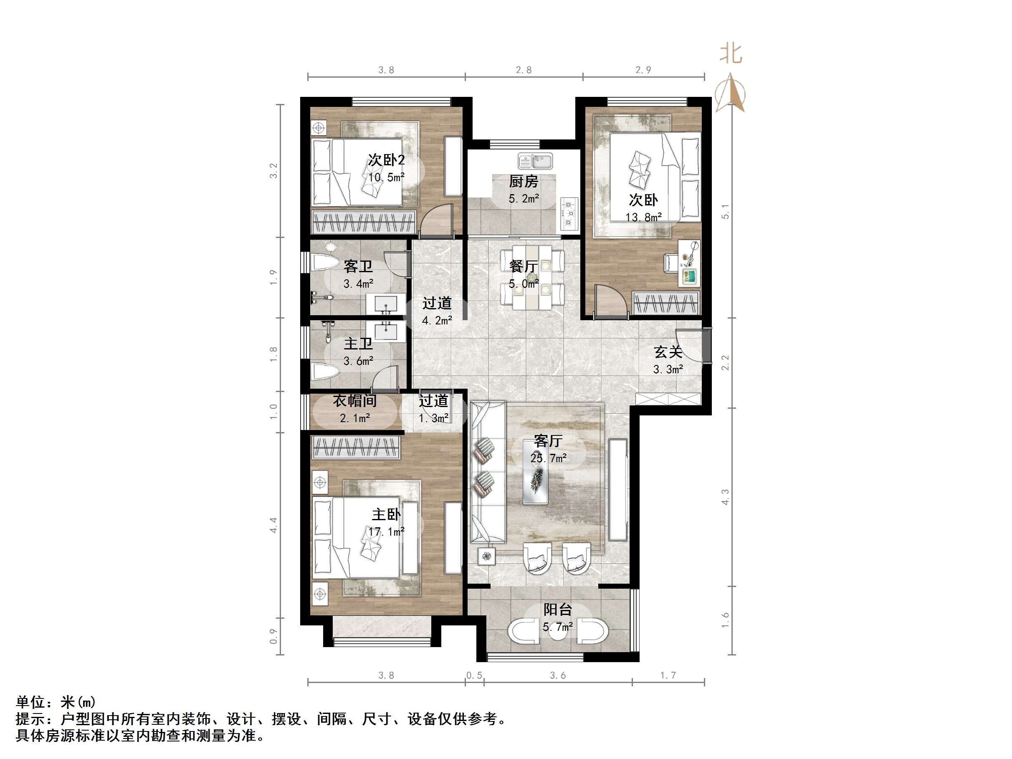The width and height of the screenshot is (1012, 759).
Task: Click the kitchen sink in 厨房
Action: pos(535,161)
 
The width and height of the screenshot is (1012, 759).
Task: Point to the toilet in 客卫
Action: pos(326,262)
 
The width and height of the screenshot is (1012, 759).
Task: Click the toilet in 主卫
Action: pos(325,372)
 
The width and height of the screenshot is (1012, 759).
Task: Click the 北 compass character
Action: pos(731,53)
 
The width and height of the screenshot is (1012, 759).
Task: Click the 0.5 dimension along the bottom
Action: pos(474,675)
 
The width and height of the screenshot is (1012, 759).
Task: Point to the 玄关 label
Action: pos(668,352)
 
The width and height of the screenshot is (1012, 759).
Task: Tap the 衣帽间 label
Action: pos(354,401)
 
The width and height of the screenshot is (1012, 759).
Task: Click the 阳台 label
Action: pos(558,610)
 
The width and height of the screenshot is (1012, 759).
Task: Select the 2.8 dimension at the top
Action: pos(524,70)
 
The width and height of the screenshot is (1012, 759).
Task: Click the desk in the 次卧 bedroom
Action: pos(688,263)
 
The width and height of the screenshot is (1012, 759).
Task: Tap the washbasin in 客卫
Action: pos(386,304)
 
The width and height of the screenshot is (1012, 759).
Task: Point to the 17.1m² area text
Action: pos(386,531)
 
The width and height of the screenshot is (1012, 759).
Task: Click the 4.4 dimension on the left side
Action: pos(273,525)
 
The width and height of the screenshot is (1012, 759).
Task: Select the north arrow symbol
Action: pos(731,92)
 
